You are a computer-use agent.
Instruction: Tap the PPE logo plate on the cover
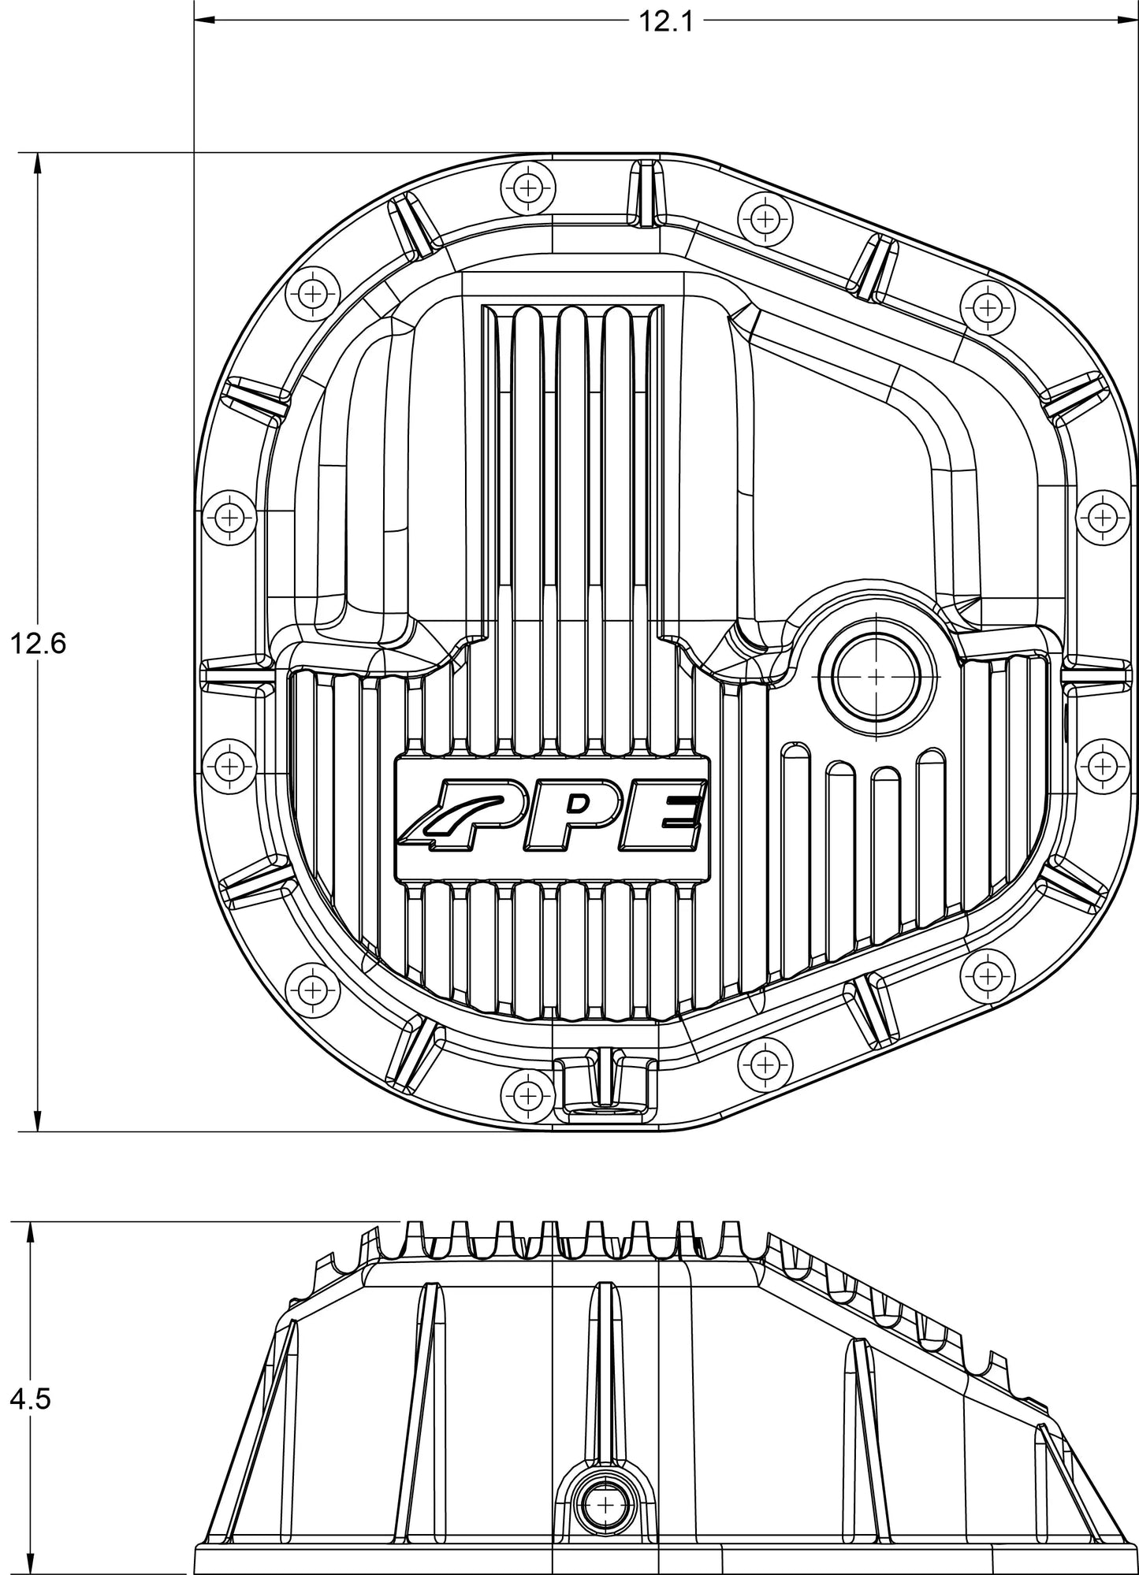(x=553, y=819)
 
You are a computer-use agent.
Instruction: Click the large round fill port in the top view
(x=876, y=677)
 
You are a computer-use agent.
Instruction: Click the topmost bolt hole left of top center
(x=527, y=188)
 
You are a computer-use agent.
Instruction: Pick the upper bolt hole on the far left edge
(x=229, y=518)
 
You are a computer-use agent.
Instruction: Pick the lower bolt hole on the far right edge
(x=1102, y=764)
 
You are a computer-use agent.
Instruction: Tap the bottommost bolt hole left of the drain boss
(x=527, y=1094)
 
